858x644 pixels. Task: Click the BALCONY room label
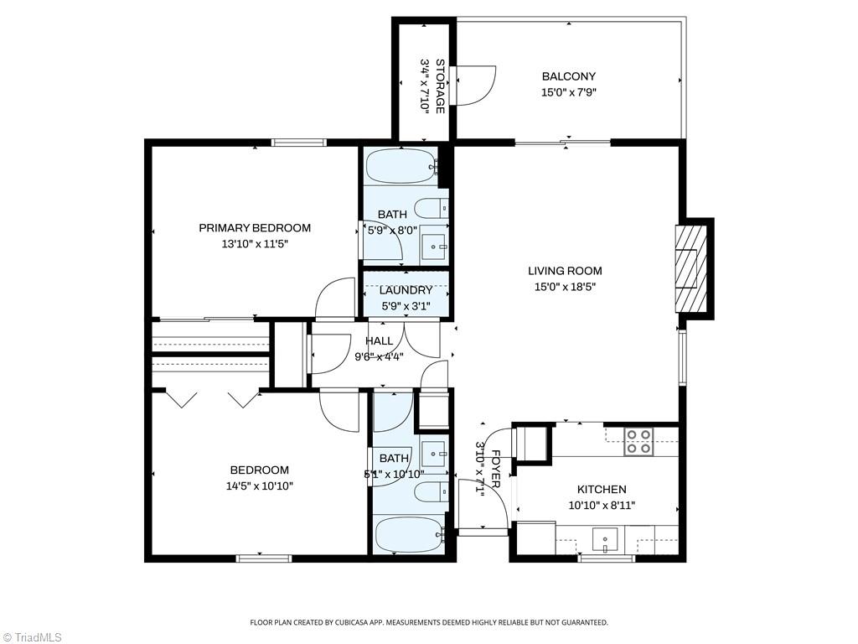[569, 76]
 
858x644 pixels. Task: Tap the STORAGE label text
[439, 86]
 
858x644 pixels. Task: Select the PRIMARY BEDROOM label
[255, 228]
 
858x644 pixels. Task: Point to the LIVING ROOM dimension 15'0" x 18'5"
[565, 287]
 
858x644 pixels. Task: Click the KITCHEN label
[602, 490]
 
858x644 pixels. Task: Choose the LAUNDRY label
[406, 290]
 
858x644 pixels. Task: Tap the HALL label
[380, 340]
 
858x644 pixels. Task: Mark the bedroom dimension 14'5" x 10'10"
[260, 486]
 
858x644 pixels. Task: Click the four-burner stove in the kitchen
[638, 441]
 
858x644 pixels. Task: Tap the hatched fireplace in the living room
[691, 268]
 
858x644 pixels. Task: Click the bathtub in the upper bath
[402, 166]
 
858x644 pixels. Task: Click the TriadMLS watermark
[32, 637]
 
